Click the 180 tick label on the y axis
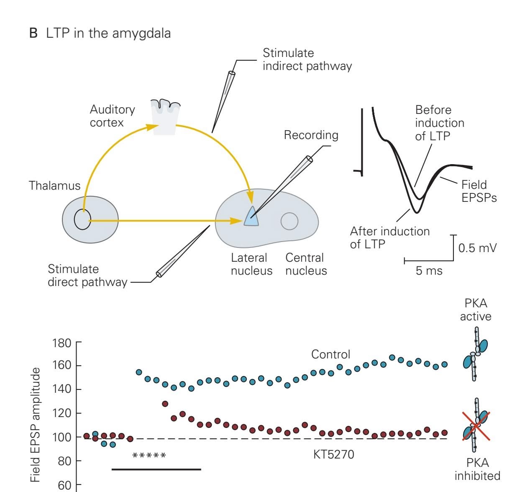(x=61, y=343)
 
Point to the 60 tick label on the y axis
(x=64, y=485)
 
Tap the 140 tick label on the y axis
(x=61, y=389)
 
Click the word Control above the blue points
(x=330, y=354)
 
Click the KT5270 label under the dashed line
(x=333, y=454)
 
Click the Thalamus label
(x=54, y=185)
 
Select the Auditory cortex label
(x=112, y=116)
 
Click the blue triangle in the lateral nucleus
(x=252, y=217)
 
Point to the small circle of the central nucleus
(x=289, y=221)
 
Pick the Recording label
(x=311, y=135)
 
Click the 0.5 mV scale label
(x=477, y=248)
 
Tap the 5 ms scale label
(x=429, y=270)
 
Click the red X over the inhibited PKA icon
(x=476, y=426)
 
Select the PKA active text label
(x=476, y=309)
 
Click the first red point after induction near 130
(x=165, y=404)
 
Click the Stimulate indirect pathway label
(x=307, y=59)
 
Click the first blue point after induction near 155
(x=139, y=372)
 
